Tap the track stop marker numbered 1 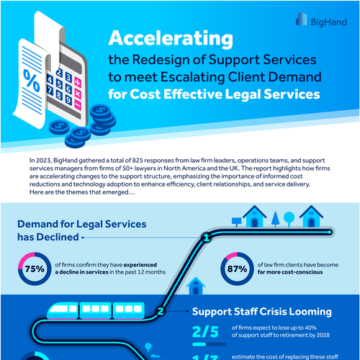pyautogui.click(x=207, y=236)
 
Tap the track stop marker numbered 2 pyautogui.click(x=161, y=312)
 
